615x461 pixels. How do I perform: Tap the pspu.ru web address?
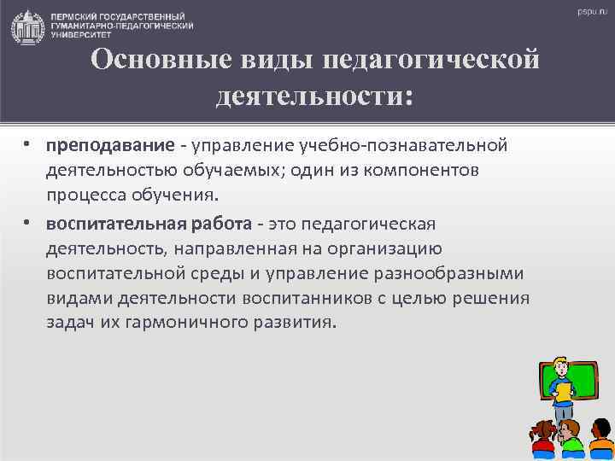tap(591, 13)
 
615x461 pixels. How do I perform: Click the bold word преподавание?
tap(94, 144)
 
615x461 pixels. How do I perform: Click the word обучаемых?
tap(231, 170)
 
